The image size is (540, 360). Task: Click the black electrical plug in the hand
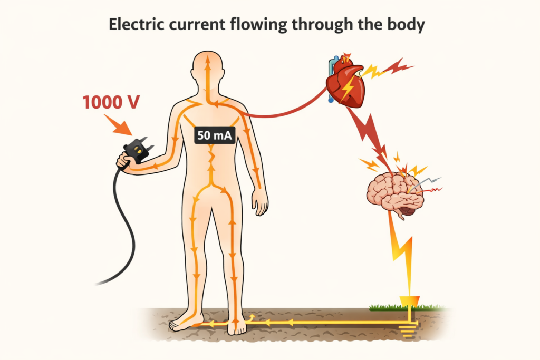[x=139, y=150]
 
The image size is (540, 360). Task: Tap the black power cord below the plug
[x=119, y=221]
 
